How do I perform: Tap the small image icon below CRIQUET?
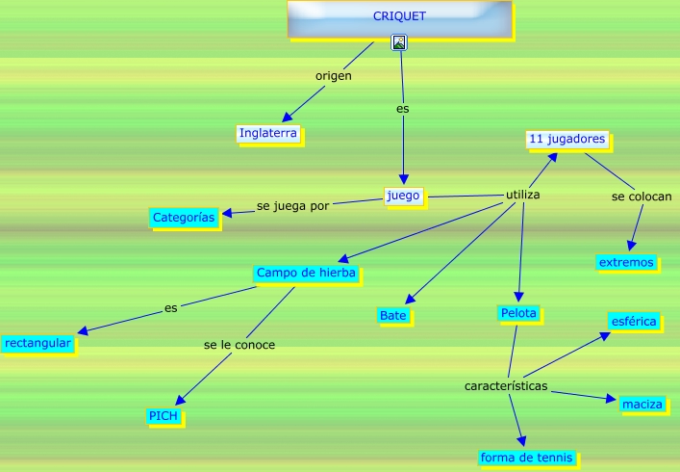tap(399, 42)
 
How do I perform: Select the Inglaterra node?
tap(268, 133)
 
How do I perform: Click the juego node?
tap(403, 197)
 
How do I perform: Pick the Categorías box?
tap(184, 218)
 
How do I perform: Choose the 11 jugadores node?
tap(567, 140)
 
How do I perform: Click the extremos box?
tap(626, 262)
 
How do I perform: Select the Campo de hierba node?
tap(306, 274)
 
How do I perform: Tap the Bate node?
tap(392, 315)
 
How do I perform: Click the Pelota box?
tap(518, 313)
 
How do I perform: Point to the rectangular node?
tap(38, 343)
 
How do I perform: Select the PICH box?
tap(163, 415)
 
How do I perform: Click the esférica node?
tap(634, 321)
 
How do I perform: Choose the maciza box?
tap(642, 404)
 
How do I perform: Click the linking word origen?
tap(334, 75)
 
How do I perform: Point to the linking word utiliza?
tap(523, 196)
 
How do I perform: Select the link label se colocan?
tap(642, 197)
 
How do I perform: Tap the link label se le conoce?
tap(239, 345)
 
